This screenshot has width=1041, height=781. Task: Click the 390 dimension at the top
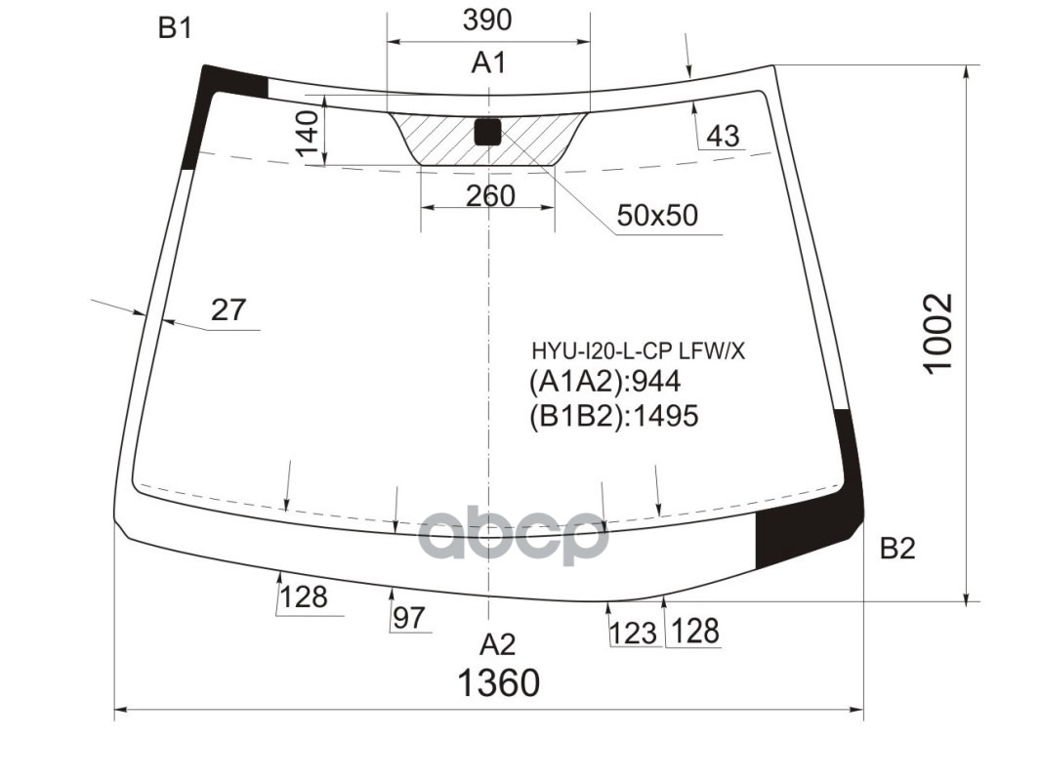pyautogui.click(x=488, y=20)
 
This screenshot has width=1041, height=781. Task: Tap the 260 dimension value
pyautogui.click(x=490, y=196)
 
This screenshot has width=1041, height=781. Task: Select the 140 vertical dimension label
pyautogui.click(x=307, y=136)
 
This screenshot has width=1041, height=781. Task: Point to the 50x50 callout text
pyautogui.click(x=656, y=215)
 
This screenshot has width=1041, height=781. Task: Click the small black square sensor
pyautogui.click(x=486, y=132)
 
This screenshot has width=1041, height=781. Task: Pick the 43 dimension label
pyautogui.click(x=723, y=136)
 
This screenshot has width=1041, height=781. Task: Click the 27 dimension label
pyautogui.click(x=229, y=310)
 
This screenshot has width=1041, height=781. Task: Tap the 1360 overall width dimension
pyautogui.click(x=498, y=682)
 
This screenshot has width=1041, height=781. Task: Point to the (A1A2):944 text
pyautogui.click(x=604, y=382)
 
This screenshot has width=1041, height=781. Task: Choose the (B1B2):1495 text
pyautogui.click(x=614, y=417)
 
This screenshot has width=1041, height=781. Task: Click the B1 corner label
pyautogui.click(x=175, y=29)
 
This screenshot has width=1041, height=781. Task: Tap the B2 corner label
pyautogui.click(x=897, y=549)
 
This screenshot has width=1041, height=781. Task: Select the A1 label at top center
pyautogui.click(x=488, y=63)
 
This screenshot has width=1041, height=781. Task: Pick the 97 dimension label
pyautogui.click(x=409, y=617)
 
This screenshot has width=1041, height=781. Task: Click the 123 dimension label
pyautogui.click(x=633, y=634)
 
